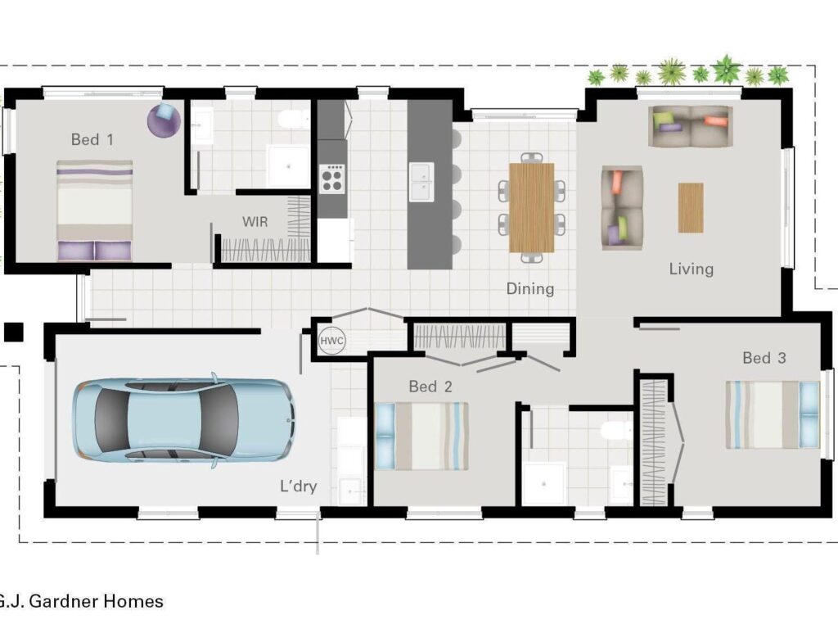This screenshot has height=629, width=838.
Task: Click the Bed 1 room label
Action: pyautogui.click(x=92, y=139)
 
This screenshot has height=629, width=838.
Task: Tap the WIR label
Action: pyautogui.click(x=255, y=221)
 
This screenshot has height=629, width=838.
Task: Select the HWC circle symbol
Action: pyautogui.click(x=332, y=340)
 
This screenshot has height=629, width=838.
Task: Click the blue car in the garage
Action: pyautogui.click(x=184, y=420)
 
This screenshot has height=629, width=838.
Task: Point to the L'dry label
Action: pyautogui.click(x=299, y=486)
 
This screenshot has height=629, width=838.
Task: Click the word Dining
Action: pyautogui.click(x=530, y=289)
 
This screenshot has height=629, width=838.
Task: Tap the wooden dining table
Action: pyautogui.click(x=532, y=207)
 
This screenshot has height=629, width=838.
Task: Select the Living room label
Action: pyautogui.click(x=691, y=269)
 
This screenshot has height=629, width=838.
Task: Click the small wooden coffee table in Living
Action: pyautogui.click(x=691, y=207)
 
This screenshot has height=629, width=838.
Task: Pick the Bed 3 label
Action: pyautogui.click(x=764, y=358)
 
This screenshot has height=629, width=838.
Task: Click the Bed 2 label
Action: pyautogui.click(x=430, y=387)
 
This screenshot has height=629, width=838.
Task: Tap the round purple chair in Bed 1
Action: pyautogui.click(x=164, y=120)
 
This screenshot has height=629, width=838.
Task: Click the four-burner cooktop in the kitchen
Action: pyautogui.click(x=332, y=178)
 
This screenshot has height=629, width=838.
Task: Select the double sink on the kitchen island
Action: pyautogui.click(x=421, y=182)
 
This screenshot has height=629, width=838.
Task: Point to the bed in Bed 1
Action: pyautogui.click(x=95, y=210)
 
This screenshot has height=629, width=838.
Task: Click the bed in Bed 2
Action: pyautogui.click(x=422, y=436)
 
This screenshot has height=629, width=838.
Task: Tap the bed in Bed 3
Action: pyautogui.click(x=773, y=414)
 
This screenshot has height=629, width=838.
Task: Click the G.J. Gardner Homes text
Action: pyautogui.click(x=81, y=601)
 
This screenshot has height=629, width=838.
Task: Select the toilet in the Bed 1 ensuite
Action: pyautogui.click(x=294, y=120)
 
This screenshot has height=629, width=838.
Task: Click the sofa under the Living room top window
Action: pyautogui.click(x=690, y=126)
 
